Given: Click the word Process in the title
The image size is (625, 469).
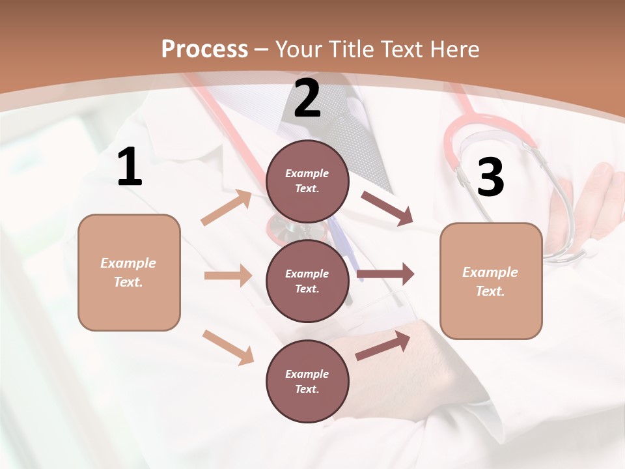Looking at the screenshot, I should (204, 49).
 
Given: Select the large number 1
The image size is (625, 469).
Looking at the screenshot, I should (130, 167).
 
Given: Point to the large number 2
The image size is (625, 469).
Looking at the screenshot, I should (307, 98).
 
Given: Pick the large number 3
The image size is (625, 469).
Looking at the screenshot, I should (491, 177).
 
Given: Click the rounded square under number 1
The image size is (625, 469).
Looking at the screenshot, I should (129, 272).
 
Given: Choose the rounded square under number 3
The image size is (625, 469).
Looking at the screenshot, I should (491, 281).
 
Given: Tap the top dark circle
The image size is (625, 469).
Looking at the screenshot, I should (307, 181).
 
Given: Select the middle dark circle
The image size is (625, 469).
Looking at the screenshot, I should (307, 281).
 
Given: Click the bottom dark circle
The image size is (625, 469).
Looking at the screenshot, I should (307, 381).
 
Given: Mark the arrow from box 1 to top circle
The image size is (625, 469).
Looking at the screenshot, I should (227, 208).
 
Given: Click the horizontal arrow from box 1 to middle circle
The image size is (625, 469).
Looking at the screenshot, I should (228, 276).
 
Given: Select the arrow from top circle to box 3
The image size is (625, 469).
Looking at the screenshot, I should (387, 208).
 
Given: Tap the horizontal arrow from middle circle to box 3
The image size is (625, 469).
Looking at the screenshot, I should (385, 274).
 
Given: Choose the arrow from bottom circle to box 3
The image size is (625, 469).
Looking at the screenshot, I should (383, 345).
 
